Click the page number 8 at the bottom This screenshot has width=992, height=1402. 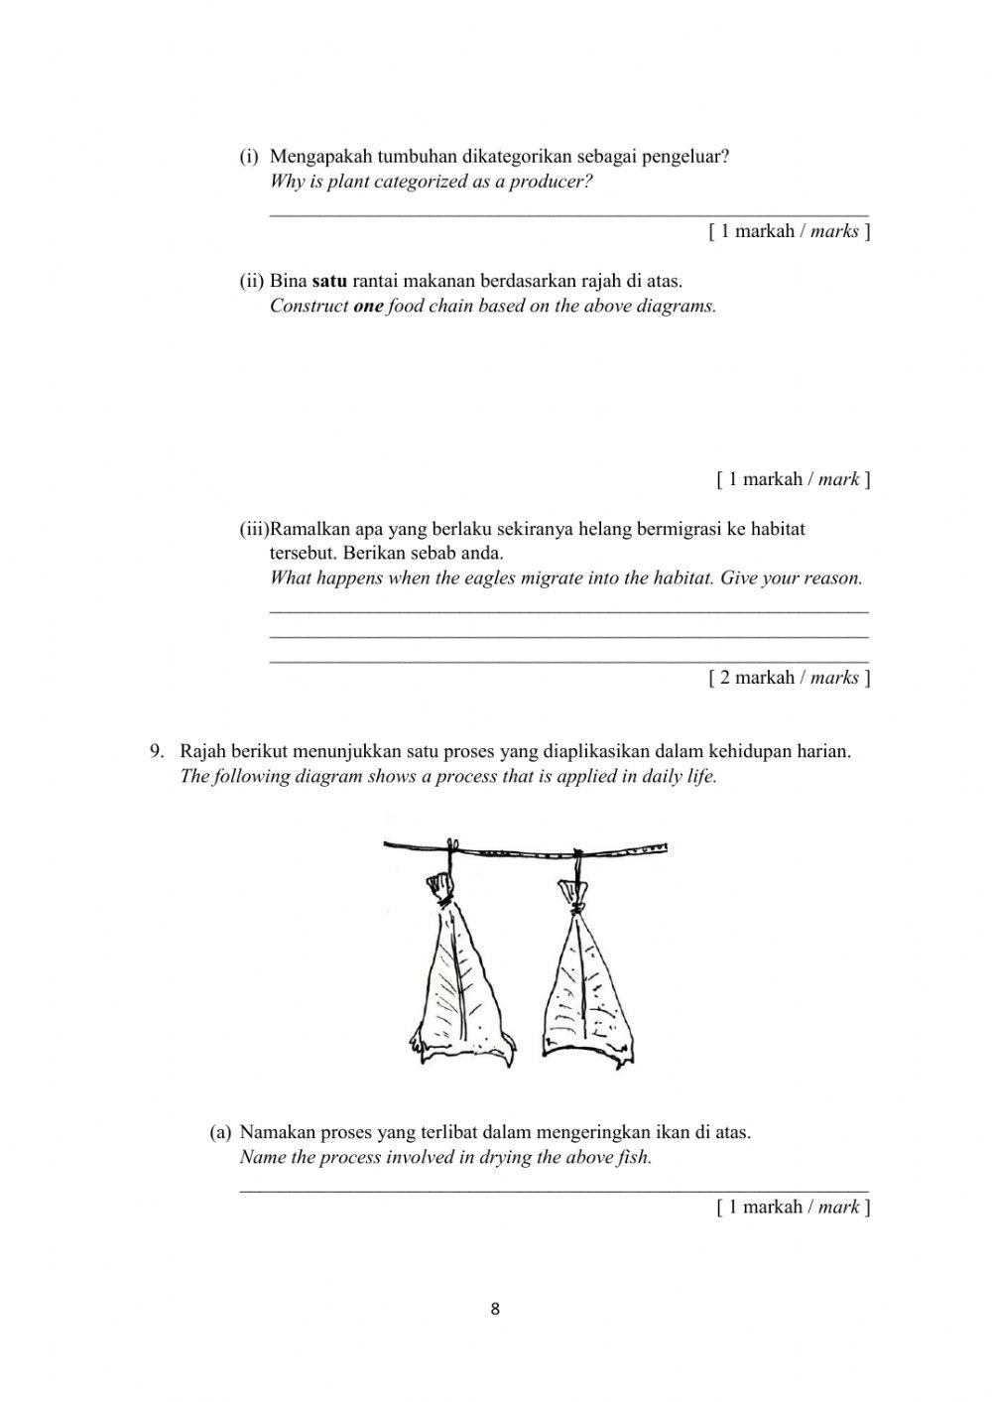pos(495,1309)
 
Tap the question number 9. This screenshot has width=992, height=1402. pos(157,751)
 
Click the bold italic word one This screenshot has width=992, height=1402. pos(368,306)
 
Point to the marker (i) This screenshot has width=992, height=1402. pos(249,157)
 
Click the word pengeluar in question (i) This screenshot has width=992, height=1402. pos(685,157)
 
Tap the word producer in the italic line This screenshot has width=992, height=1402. pos(551,183)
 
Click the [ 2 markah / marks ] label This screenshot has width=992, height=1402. pos(790,678)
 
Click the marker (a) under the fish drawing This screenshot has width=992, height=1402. pos(220,1132)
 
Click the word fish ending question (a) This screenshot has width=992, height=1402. pos(635,1157)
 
